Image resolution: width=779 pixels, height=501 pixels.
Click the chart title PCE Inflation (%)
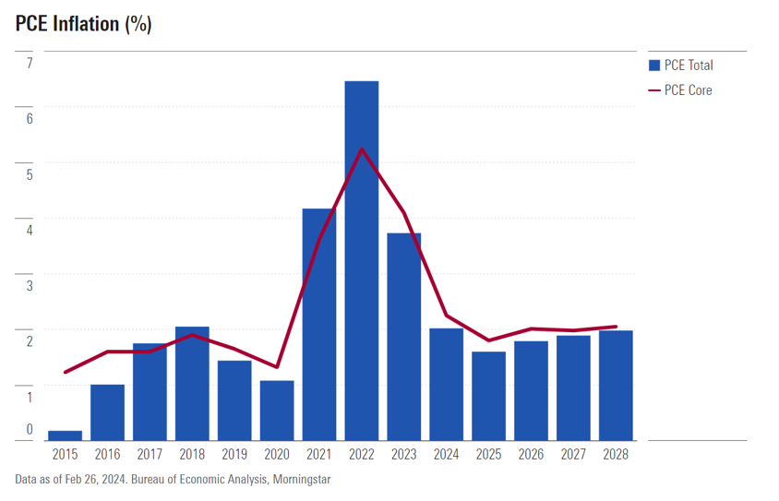click(x=83, y=24)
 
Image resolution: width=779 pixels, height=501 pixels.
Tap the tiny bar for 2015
click(x=65, y=435)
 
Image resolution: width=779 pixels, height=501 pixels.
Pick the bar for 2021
click(x=319, y=324)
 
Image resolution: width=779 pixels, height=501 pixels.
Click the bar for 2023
click(x=404, y=336)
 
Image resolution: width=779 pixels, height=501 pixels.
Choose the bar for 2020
click(x=277, y=410)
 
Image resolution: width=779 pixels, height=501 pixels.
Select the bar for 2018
click(x=192, y=383)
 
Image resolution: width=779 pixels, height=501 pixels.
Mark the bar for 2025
click(x=489, y=396)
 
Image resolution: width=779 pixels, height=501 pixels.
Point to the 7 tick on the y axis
click(x=29, y=63)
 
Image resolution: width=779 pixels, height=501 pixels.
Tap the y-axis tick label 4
click(x=29, y=230)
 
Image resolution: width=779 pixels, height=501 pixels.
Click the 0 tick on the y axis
click(x=29, y=429)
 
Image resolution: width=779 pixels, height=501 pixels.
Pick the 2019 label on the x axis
click(x=234, y=455)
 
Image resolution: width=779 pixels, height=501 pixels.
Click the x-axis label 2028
click(x=616, y=455)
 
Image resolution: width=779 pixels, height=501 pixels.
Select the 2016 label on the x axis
click(x=107, y=455)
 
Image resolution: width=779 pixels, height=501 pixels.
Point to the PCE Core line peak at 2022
click(x=362, y=149)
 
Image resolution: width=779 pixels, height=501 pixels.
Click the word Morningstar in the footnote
click(x=299, y=480)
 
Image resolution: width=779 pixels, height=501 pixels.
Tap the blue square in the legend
click(x=654, y=66)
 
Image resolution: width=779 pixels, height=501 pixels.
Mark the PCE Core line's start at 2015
click(x=65, y=373)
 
